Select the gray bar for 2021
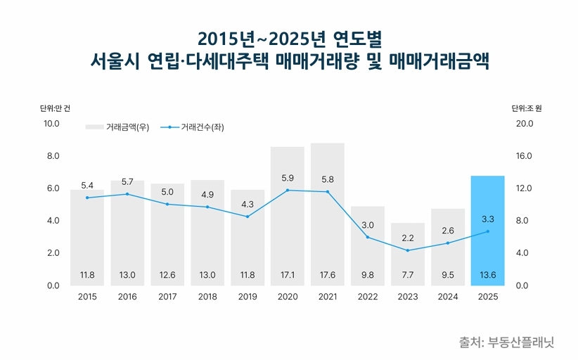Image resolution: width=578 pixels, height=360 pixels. (x=327, y=218)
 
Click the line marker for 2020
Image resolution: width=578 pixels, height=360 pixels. (x=288, y=190)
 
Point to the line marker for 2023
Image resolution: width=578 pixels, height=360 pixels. (x=407, y=250)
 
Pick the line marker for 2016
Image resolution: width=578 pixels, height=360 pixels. (x=127, y=193)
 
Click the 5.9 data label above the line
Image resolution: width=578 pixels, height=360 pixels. (x=288, y=178)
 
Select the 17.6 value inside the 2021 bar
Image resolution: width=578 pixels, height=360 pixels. (x=327, y=275)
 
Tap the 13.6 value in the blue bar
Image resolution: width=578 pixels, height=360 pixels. (x=487, y=275)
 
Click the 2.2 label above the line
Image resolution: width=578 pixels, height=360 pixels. (x=407, y=238)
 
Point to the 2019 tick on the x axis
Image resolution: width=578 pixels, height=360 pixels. (x=248, y=297)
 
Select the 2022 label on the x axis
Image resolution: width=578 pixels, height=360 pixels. (x=367, y=297)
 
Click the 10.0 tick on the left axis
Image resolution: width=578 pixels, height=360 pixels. (x=52, y=124)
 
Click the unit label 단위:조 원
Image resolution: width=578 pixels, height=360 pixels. (x=527, y=108)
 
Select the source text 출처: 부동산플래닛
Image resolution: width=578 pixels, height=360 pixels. (x=506, y=342)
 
